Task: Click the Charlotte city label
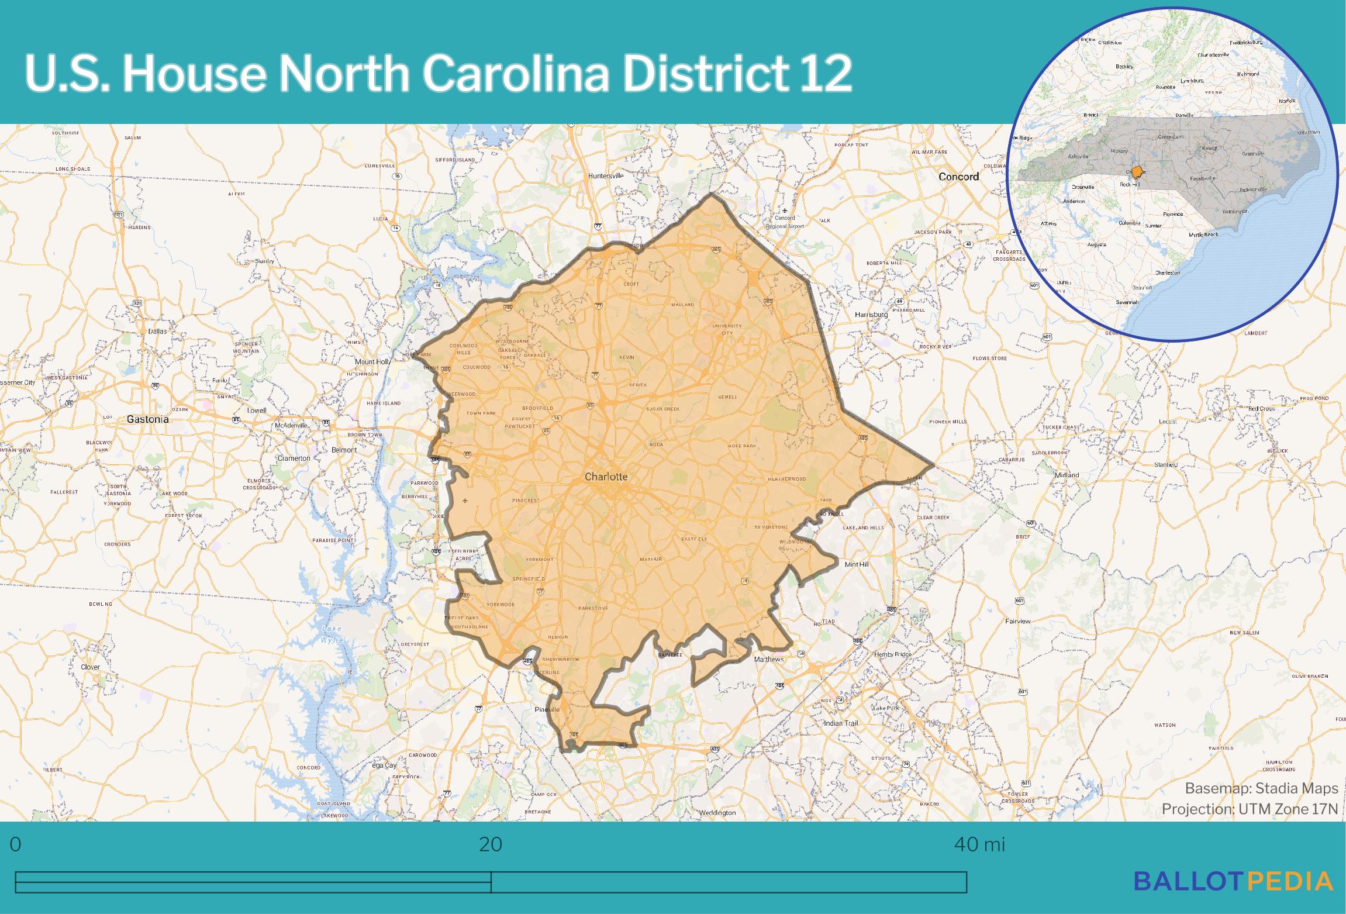point(606,477)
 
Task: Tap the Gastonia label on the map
point(147,419)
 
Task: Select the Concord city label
point(958,176)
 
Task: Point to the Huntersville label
point(606,175)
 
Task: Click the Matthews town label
point(768,659)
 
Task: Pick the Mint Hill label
point(857,564)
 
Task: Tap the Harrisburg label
point(871,315)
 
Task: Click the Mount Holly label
point(373,362)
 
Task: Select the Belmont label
point(344,450)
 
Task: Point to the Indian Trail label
point(841,723)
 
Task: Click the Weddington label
point(717,813)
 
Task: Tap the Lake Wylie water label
point(332,634)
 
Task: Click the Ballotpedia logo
point(1233,881)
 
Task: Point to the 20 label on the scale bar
point(491,844)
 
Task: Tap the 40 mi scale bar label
point(979,844)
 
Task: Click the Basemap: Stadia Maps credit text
point(1261,788)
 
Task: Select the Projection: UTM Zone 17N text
point(1250,809)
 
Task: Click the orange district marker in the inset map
point(1137,173)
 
